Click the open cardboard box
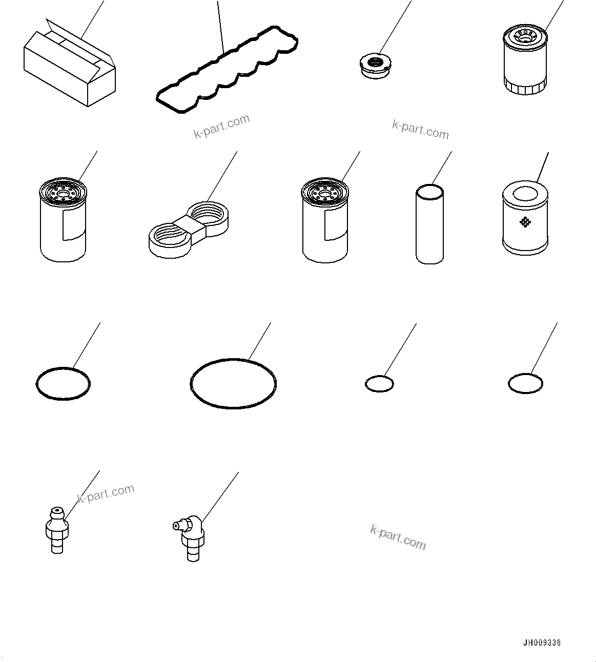69,69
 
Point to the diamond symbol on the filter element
524,222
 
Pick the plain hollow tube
429,225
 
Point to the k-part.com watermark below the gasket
221,127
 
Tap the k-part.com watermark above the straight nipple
106,494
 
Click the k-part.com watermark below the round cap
420,130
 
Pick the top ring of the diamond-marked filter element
525,194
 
